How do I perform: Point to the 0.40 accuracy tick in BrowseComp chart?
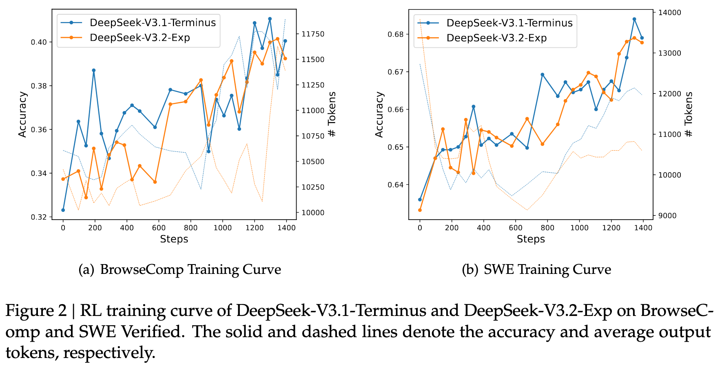(x=42, y=42)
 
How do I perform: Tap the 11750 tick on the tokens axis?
(x=313, y=34)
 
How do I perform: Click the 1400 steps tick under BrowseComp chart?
(x=286, y=228)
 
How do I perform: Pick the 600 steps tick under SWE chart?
(x=516, y=228)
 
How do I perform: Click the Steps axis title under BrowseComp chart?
(x=174, y=239)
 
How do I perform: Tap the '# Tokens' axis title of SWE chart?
(x=689, y=114)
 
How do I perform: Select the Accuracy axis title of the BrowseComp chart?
(x=22, y=114)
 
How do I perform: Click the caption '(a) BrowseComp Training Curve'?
(x=179, y=270)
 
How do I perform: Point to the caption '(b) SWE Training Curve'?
(x=536, y=270)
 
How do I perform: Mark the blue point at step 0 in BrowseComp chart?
(x=63, y=210)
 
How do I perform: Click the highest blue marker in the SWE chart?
(x=634, y=19)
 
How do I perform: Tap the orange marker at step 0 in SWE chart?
(x=420, y=210)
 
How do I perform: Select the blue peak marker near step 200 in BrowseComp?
(x=93, y=70)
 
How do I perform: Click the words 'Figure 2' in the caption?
(x=36, y=311)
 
